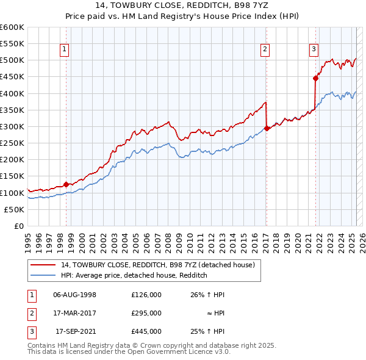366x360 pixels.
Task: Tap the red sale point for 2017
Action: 267,128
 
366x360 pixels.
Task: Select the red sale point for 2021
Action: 315,78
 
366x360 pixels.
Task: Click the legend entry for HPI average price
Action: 134,275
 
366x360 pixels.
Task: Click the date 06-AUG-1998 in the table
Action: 75,295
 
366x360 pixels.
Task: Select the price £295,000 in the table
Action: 146,313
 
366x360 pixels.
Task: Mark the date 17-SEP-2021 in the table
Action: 76,331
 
